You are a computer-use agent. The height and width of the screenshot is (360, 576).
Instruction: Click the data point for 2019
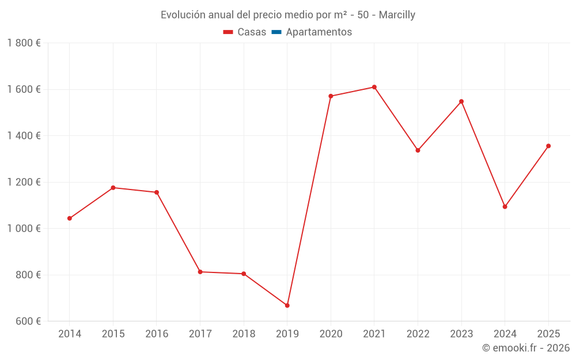tap(287, 305)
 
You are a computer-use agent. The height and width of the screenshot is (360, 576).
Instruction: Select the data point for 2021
tap(374, 87)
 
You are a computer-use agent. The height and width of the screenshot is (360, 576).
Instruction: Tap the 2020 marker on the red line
tap(331, 96)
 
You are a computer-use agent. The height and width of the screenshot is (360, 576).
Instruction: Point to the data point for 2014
tap(70, 218)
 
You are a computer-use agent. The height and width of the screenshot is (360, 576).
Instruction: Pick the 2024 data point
tap(505, 207)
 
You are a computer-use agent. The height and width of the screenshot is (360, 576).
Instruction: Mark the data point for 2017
tap(200, 272)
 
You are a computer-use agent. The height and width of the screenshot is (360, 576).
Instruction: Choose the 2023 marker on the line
tap(461, 101)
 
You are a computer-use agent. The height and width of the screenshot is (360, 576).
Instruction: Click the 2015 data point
tap(113, 188)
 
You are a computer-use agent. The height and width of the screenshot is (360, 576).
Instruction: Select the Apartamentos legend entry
tap(319, 32)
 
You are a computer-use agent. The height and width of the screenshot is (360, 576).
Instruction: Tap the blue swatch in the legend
tap(276, 32)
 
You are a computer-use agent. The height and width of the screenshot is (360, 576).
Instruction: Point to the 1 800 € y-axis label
tap(24, 43)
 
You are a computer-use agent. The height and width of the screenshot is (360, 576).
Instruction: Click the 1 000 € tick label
tap(24, 229)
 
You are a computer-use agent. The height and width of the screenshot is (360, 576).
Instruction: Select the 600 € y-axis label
tap(28, 321)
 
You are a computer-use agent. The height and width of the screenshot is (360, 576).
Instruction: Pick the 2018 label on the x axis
tap(244, 334)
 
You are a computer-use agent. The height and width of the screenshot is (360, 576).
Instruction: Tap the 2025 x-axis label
tap(548, 334)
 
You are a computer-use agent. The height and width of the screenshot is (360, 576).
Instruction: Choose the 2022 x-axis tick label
tap(418, 334)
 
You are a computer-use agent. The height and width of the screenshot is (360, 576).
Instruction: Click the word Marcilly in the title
tap(397, 15)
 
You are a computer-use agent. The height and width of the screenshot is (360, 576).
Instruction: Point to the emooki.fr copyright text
tap(526, 348)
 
